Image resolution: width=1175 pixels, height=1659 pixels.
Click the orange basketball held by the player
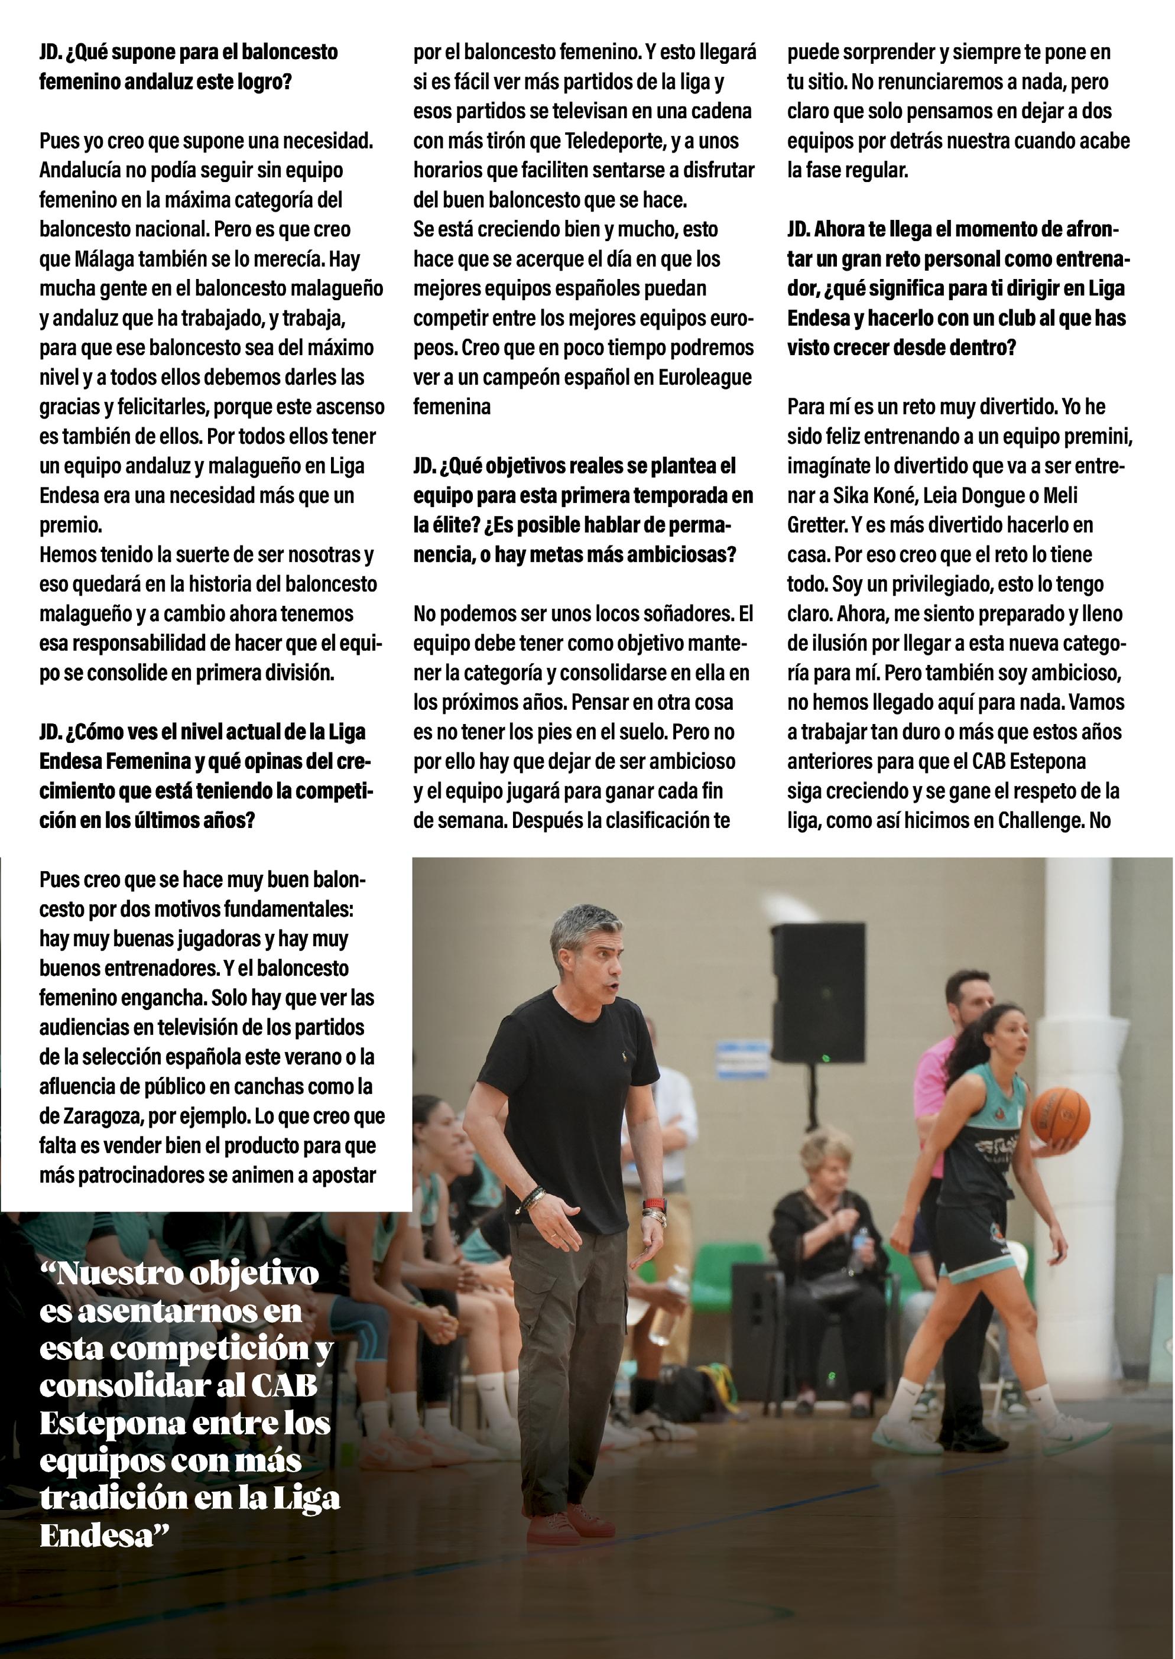(x=1059, y=1114)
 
